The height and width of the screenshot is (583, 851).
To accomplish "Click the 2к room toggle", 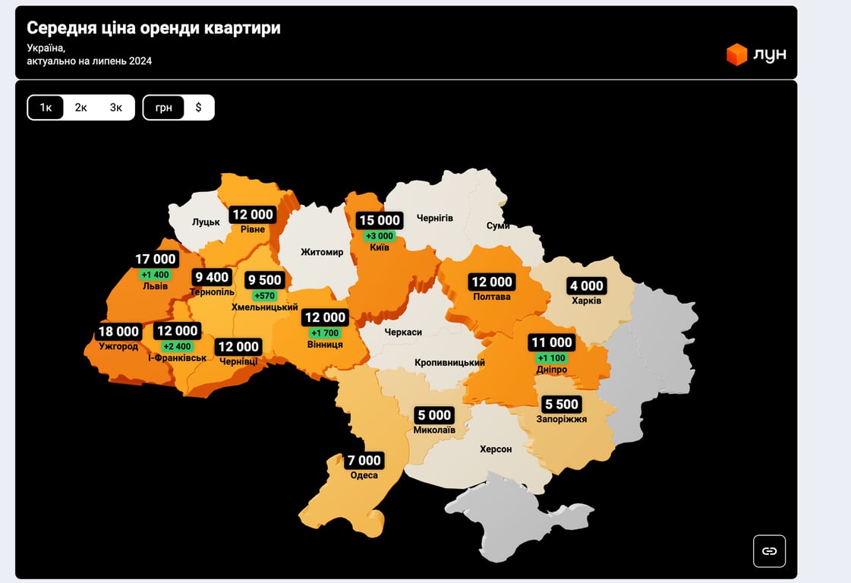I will tap(80, 108).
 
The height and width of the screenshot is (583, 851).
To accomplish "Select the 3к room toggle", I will tap(115, 108).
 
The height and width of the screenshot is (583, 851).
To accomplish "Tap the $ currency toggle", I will tap(199, 108).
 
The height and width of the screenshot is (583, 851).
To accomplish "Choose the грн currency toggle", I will tap(164, 108).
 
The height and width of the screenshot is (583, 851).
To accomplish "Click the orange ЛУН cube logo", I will tap(736, 55).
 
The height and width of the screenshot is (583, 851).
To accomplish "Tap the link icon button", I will tap(769, 551).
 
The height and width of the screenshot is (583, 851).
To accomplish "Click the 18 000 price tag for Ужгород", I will tap(119, 332).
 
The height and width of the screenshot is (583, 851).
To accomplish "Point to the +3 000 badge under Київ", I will tap(380, 236).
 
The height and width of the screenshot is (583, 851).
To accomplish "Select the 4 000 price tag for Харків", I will tap(587, 286).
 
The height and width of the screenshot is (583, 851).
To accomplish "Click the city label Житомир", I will tap(322, 252).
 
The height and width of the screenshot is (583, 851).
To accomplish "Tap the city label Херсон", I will tap(496, 449).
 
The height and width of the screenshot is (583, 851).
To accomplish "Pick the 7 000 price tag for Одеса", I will tap(364, 461).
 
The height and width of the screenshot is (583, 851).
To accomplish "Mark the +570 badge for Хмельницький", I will tap(265, 295).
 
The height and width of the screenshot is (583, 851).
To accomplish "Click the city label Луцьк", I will tap(206, 222).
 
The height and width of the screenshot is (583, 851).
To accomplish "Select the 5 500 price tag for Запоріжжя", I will tap(562, 405).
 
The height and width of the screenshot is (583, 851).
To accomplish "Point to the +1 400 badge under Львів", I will tap(156, 274).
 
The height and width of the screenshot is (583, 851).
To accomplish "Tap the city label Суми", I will tap(498, 226).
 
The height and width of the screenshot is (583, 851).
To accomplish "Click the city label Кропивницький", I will tap(450, 363).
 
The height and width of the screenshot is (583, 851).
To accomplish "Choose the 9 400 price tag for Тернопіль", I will tap(212, 277).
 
